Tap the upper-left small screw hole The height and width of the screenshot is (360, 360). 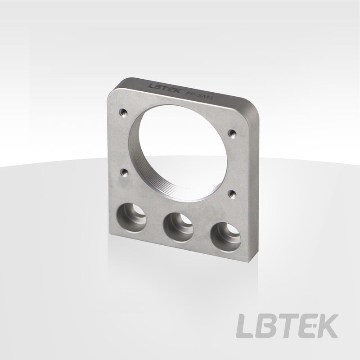pyautogui.click(x=123, y=112)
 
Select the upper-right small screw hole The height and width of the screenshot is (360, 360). pyautogui.click(x=232, y=134)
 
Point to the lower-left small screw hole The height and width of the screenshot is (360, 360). pyautogui.click(x=124, y=172)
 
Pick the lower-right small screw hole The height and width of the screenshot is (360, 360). pyautogui.click(x=232, y=194)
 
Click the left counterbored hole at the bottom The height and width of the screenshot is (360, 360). pyautogui.click(x=131, y=218)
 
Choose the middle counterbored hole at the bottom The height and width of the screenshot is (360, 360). pyautogui.click(x=178, y=227)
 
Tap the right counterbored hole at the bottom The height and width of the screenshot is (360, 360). pyautogui.click(x=225, y=237)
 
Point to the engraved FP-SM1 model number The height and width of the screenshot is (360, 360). pyautogui.click(x=199, y=95)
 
